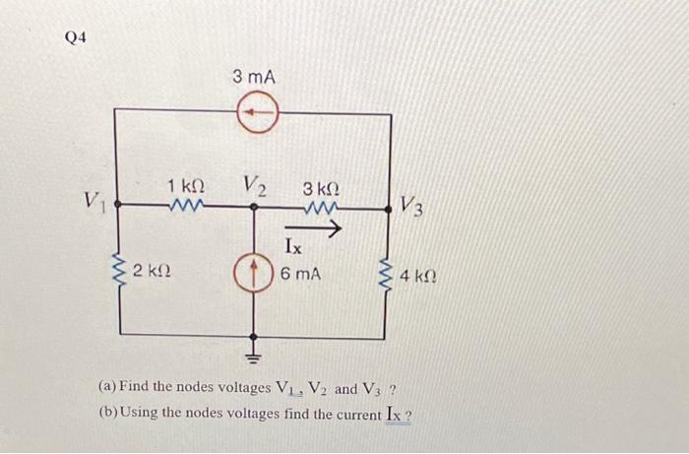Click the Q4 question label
75,37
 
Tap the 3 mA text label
254,76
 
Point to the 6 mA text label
300,273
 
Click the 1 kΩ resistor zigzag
184,207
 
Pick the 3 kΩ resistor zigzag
320,208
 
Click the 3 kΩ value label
321,187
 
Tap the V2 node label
254,185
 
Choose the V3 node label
411,207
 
